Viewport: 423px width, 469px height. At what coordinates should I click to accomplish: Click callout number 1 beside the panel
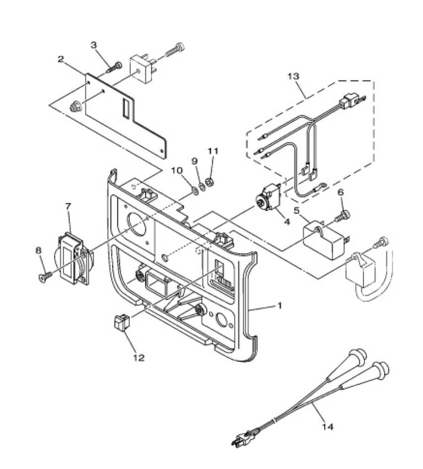pyautogui.click(x=280, y=305)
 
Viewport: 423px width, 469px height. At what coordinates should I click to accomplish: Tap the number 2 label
pyautogui.click(x=61, y=59)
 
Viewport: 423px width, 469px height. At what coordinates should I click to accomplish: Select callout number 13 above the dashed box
pyautogui.click(x=293, y=76)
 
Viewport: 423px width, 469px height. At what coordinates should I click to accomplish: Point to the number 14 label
pyautogui.click(x=328, y=426)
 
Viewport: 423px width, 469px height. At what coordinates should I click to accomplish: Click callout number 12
pyautogui.click(x=139, y=357)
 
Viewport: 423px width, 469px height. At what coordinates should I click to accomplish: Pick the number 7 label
pyautogui.click(x=68, y=206)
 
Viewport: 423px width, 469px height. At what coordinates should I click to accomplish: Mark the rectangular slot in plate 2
pyautogui.click(x=126, y=108)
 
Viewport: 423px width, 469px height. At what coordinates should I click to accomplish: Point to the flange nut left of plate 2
pyautogui.click(x=74, y=107)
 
